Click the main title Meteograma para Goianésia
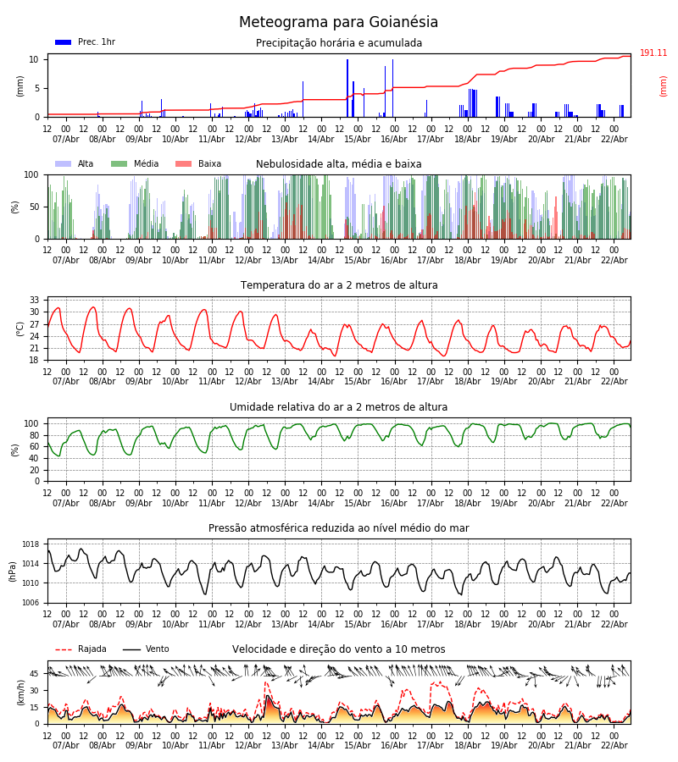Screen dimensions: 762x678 [338, 23]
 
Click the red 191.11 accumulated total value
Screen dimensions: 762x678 [653, 53]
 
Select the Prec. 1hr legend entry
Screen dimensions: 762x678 [86, 42]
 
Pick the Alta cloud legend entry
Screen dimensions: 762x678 [75, 164]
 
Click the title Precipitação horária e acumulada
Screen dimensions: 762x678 [339, 43]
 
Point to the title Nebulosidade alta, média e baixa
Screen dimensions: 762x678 [339, 164]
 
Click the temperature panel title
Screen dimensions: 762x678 [339, 285]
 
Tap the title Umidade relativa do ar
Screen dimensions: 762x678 [339, 407]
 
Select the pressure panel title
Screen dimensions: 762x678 [339, 528]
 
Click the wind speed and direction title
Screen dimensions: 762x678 [339, 649]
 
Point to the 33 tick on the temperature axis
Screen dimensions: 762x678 [35, 301]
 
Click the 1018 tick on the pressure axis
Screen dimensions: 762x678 [31, 544]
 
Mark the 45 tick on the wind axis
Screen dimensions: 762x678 [35, 674]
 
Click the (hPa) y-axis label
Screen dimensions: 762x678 [12, 571]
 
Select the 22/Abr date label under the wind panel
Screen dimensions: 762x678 [614, 745]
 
